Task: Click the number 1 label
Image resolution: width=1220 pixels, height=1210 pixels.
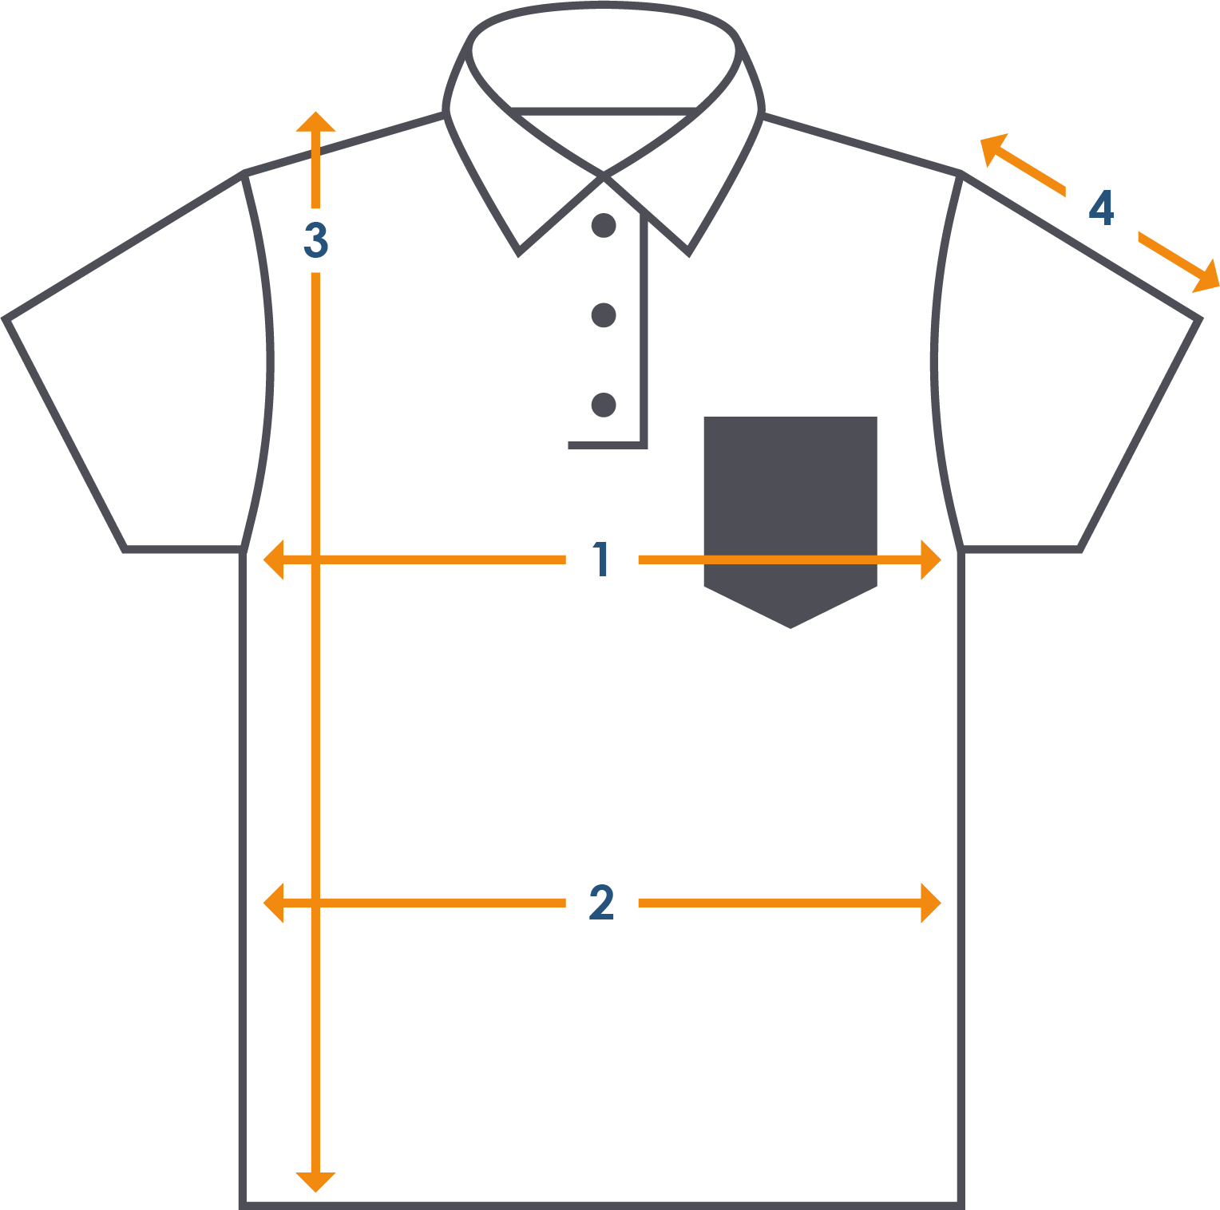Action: pos(602,560)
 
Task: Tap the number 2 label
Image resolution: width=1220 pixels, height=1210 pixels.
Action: pos(602,904)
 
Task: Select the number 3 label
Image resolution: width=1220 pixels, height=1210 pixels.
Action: pos(316,240)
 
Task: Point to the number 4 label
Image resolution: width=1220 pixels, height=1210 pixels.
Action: pos(1102,209)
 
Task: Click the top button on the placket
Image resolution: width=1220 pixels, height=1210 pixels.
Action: pos(604,226)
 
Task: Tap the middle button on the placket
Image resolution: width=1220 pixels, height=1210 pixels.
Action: pos(604,315)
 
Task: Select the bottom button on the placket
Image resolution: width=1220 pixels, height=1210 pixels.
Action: pos(604,405)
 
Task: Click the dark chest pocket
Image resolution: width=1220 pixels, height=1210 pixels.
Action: pos(790,503)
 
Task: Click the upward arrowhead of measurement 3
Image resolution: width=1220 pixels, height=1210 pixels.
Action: pos(316,122)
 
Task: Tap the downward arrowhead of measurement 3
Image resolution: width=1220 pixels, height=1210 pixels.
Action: pos(316,1181)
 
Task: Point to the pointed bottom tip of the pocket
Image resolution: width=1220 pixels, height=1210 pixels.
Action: pos(790,627)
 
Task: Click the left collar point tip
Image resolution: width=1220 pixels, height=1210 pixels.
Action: pos(520,254)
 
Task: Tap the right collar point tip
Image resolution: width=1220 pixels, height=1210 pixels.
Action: pos(688,254)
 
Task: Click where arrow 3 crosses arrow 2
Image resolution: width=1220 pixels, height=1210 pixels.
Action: pos(316,904)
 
